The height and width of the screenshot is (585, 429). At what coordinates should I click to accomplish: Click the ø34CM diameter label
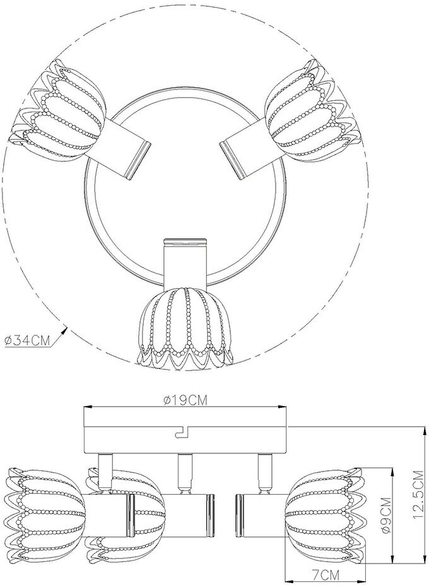[27, 340]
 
